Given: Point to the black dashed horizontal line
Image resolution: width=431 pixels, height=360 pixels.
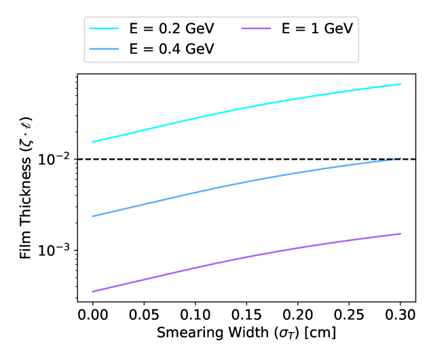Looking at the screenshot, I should [x=170, y=159].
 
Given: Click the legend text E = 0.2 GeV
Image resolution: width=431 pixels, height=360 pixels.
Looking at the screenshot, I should [x=172, y=30].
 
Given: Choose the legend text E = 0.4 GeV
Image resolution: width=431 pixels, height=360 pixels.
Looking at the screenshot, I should [x=172, y=50].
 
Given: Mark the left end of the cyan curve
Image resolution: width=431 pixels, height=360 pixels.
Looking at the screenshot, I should [x=92, y=142].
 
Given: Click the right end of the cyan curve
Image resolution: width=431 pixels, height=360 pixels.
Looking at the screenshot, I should [x=401, y=84].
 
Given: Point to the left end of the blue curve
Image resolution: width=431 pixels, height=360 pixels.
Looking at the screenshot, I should [x=92, y=216].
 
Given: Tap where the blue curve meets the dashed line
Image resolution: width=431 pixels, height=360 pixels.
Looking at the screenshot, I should [x=400, y=159].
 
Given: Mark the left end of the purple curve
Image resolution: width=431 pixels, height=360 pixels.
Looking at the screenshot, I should [x=92, y=291].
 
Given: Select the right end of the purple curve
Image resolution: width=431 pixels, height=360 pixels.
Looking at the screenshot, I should [x=401, y=234].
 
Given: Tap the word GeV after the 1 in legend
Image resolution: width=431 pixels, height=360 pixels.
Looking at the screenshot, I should [x=340, y=30].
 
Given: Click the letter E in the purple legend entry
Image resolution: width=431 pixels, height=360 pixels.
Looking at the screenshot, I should [x=286, y=30].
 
